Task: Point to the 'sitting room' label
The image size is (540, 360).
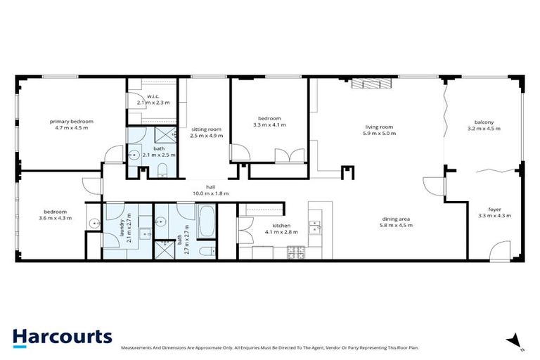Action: (x=206, y=129)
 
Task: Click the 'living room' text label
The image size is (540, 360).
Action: (x=378, y=127)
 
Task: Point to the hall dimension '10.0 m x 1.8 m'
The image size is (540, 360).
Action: (x=211, y=193)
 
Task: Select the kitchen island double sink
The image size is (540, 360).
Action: (x=316, y=226)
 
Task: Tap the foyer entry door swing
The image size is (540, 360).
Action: (x=500, y=250)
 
